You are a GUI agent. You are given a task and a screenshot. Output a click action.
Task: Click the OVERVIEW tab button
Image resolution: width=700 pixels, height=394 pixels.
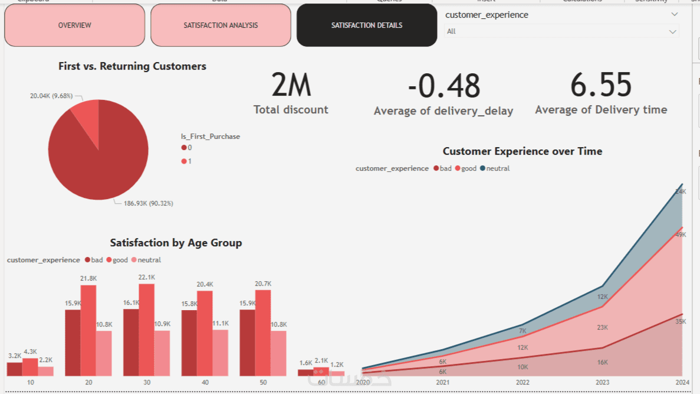(x=74, y=25)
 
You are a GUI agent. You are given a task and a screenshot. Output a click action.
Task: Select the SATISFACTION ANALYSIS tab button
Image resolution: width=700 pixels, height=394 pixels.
(x=221, y=25)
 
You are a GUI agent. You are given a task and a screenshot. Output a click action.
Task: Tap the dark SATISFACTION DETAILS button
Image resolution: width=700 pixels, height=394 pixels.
(x=367, y=25)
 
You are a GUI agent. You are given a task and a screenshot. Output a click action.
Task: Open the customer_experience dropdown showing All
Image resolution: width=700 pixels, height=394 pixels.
(x=561, y=31)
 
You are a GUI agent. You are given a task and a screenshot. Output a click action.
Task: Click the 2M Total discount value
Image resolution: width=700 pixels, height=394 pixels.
(x=291, y=86)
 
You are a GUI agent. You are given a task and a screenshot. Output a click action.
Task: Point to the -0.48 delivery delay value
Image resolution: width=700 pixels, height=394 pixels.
(x=444, y=86)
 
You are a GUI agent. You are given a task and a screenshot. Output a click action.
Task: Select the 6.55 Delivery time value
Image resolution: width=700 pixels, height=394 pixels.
(x=601, y=85)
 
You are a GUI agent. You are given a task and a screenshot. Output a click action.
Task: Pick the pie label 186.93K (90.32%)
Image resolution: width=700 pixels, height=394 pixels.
(x=148, y=204)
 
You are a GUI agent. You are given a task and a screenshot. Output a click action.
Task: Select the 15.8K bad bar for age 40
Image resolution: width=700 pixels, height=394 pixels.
(x=189, y=343)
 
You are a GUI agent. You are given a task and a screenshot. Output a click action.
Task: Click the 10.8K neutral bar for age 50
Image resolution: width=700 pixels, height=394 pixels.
(x=278, y=353)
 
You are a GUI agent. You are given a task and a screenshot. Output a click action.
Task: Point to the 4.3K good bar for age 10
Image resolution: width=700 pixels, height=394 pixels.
(x=30, y=367)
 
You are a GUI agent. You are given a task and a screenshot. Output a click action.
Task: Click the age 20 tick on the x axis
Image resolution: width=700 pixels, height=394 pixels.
(x=88, y=383)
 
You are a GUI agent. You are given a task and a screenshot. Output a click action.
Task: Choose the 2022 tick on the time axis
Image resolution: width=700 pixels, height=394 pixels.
(x=522, y=383)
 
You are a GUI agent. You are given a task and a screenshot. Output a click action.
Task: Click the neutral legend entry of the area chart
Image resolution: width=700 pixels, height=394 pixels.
(x=495, y=168)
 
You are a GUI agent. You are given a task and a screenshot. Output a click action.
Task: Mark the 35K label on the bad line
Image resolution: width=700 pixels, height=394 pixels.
(x=681, y=322)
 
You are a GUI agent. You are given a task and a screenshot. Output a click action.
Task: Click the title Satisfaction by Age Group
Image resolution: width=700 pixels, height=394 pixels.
(x=176, y=243)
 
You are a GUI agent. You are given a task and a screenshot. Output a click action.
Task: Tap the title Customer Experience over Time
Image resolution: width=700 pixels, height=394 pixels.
(x=522, y=151)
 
